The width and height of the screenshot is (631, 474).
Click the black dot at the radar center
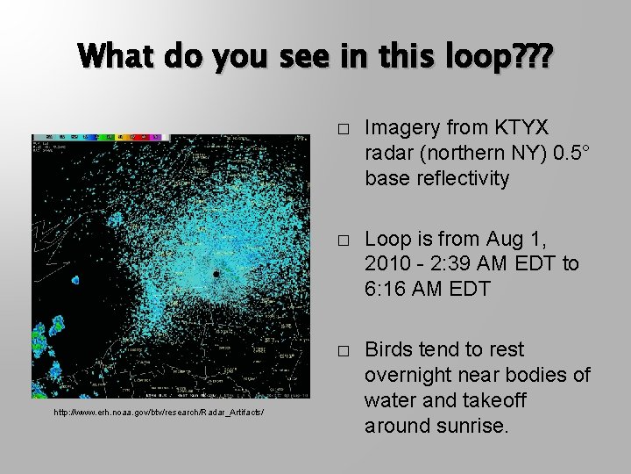pyautogui.click(x=216, y=274)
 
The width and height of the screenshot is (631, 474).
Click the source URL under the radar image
pyautogui.click(x=159, y=412)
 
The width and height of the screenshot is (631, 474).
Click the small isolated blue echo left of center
pyautogui.click(x=74, y=280)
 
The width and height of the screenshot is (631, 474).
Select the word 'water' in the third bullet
pyautogui.click(x=392, y=399)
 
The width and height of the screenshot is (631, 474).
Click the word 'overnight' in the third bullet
pyautogui.click(x=405, y=375)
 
